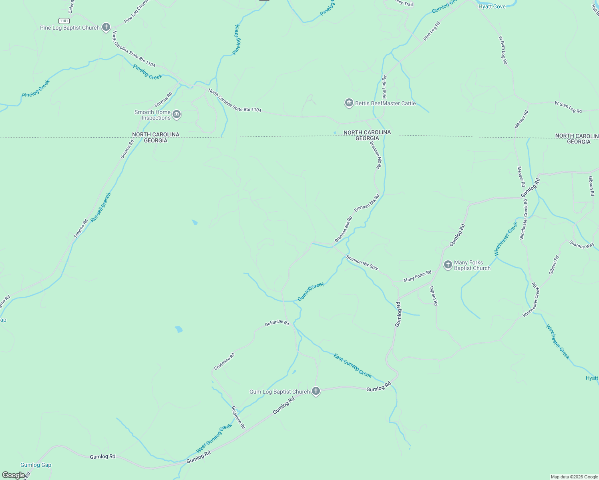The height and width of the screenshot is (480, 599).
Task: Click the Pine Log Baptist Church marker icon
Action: coord(106,27)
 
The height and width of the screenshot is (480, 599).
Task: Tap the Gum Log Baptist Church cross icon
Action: coord(316,391)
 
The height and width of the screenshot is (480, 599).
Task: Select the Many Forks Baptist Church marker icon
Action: coord(448,264)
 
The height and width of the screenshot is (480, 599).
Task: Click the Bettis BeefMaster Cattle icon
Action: coord(349,103)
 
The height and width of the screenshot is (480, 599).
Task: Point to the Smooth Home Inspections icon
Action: coord(177,115)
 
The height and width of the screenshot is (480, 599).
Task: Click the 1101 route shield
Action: coord(64,21)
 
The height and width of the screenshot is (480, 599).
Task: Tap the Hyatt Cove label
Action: coord(492,6)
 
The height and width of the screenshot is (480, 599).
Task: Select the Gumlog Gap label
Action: coord(36,465)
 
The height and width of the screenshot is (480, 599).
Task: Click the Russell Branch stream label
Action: coord(101,208)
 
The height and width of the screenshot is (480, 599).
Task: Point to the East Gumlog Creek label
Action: coord(352,366)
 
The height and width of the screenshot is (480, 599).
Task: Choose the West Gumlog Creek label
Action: coord(214,438)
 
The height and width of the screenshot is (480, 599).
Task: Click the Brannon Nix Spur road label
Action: coord(362,263)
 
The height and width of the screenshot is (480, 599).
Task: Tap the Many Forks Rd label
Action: coord(417,276)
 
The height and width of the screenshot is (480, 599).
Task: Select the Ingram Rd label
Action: coord(434,296)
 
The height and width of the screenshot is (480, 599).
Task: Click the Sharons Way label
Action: coord(581,244)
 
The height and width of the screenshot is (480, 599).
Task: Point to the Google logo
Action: coord(13,475)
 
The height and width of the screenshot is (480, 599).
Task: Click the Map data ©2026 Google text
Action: coord(574,477)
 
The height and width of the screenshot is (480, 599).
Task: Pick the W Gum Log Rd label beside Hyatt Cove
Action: coord(503,50)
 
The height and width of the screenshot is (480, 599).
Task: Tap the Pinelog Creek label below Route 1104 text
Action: coord(147,72)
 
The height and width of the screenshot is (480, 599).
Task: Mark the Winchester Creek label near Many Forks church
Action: coord(506,239)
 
